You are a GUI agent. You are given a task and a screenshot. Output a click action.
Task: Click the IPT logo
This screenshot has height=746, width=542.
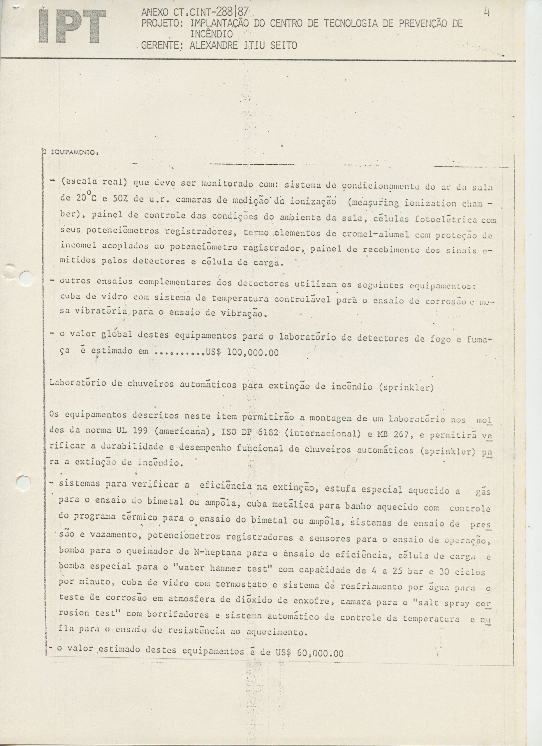[72, 26]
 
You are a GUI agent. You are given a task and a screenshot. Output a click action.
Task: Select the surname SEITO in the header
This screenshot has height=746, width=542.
[283, 45]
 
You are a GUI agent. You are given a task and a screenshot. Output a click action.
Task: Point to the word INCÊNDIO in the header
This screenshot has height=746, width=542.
[212, 34]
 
